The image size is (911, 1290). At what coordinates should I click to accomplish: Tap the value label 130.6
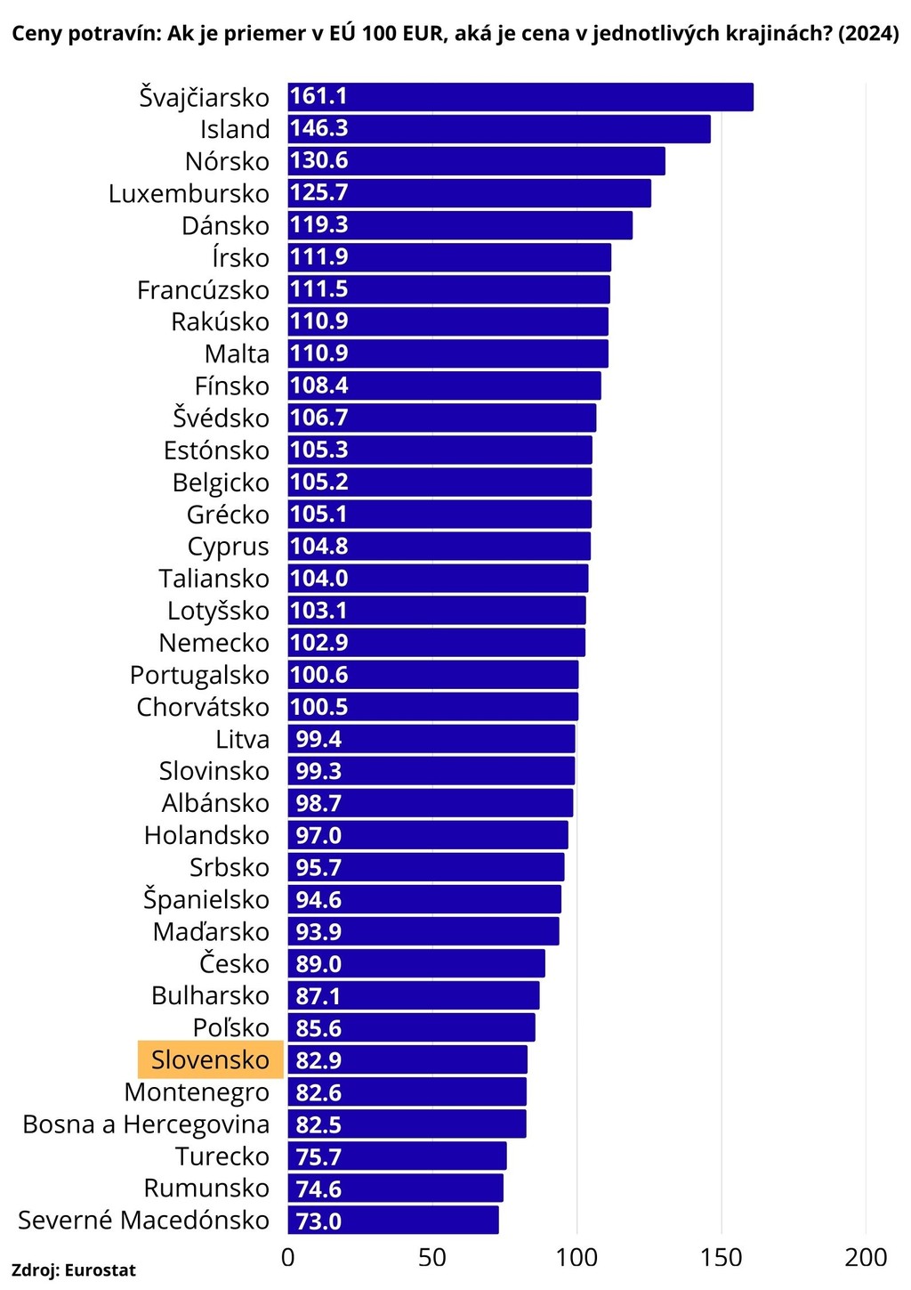318,161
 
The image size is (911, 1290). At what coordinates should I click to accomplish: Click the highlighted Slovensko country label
210,1059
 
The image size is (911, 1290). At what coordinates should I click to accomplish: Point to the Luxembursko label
189,193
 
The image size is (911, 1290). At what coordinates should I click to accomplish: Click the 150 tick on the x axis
721,1257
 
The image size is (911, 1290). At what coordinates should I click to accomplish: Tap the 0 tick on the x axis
288,1257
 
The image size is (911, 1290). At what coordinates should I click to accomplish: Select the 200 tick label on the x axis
866,1257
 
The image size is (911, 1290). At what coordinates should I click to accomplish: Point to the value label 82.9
318,1060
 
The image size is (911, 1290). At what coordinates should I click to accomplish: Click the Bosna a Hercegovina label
146,1124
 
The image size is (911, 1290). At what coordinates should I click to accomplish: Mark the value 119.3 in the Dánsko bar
318,225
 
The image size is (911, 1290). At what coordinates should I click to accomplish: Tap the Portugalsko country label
199,675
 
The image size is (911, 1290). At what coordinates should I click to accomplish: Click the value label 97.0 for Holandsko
318,835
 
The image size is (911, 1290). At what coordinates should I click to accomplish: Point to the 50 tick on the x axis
432,1257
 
